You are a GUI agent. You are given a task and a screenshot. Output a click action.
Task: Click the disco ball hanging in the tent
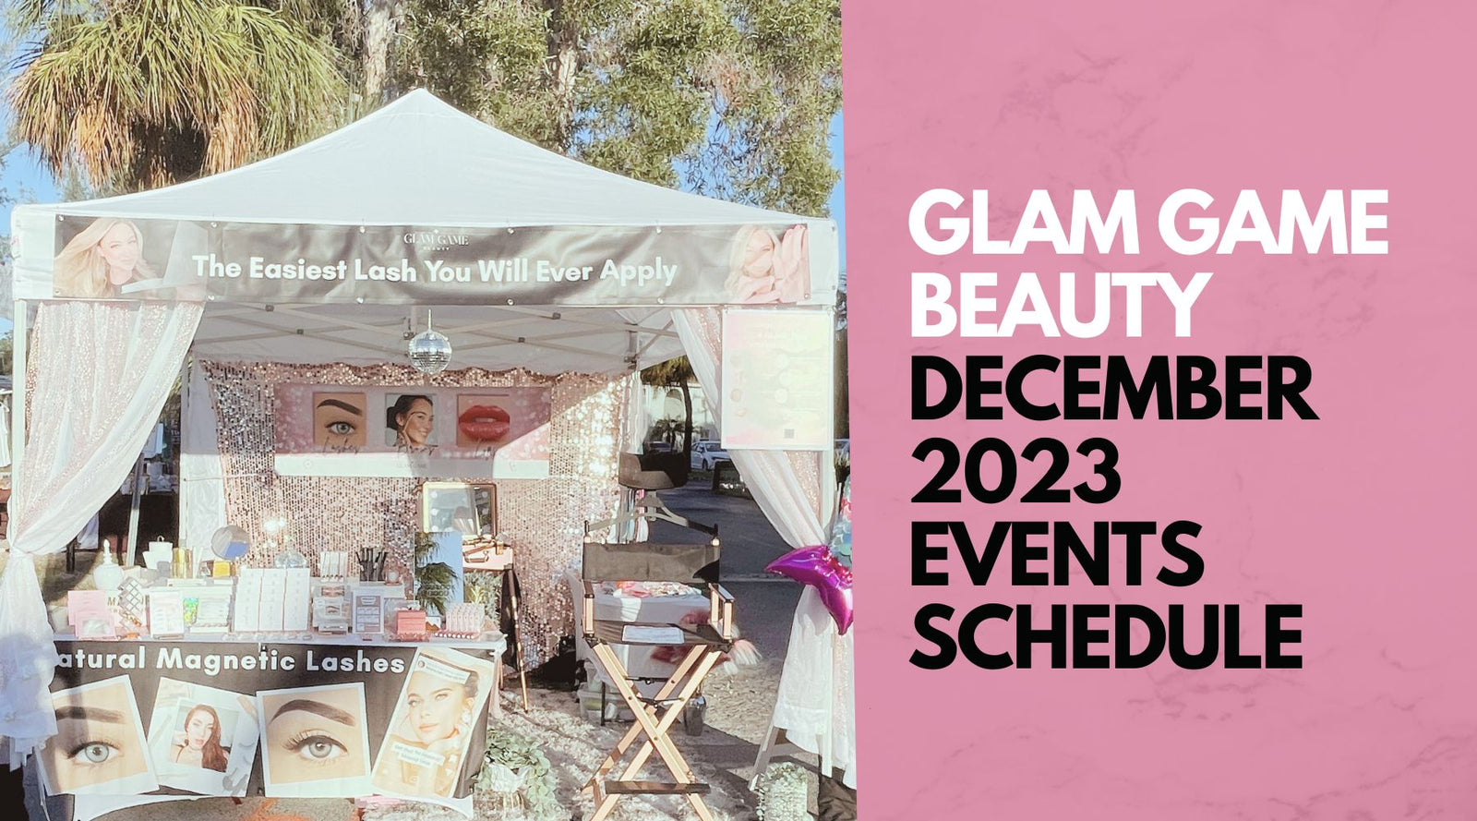tap(429, 351)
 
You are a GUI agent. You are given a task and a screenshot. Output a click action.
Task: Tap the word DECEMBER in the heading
tap(1112, 392)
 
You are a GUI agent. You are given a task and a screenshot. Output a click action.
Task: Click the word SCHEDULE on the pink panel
tap(1105, 637)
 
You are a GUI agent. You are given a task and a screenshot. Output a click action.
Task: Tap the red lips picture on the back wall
tap(484, 419)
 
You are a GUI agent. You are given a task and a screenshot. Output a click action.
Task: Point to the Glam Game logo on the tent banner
tap(436, 240)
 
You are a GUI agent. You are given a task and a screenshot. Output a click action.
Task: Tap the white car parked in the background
tap(709, 453)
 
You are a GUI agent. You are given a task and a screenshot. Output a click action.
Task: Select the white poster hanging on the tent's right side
tap(776, 379)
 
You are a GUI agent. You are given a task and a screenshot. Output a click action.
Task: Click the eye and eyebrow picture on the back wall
tap(339, 420)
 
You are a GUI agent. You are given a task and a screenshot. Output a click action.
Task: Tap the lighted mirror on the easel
tap(460, 509)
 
